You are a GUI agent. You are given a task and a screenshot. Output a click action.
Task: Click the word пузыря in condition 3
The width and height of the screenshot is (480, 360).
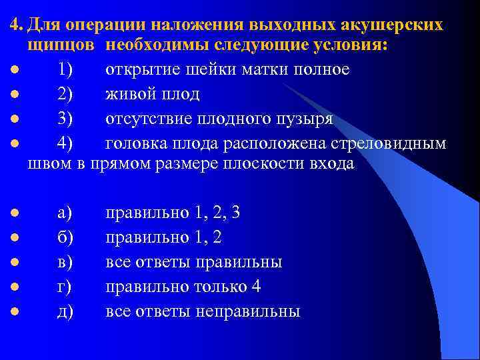click(x=303, y=118)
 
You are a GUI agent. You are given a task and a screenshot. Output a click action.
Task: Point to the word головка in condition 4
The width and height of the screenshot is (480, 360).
click(x=139, y=142)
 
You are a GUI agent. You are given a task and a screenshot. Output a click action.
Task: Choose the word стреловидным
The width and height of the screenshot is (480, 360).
click(x=387, y=142)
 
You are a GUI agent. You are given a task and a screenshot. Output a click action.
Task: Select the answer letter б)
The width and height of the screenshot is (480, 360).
click(x=65, y=237)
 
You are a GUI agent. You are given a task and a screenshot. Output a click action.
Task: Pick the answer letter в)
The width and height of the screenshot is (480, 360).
click(x=65, y=261)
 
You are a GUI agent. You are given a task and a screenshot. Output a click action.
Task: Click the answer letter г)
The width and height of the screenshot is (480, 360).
click(x=64, y=287)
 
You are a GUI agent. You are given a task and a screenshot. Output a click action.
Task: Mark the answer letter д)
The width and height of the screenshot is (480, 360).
click(x=65, y=311)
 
